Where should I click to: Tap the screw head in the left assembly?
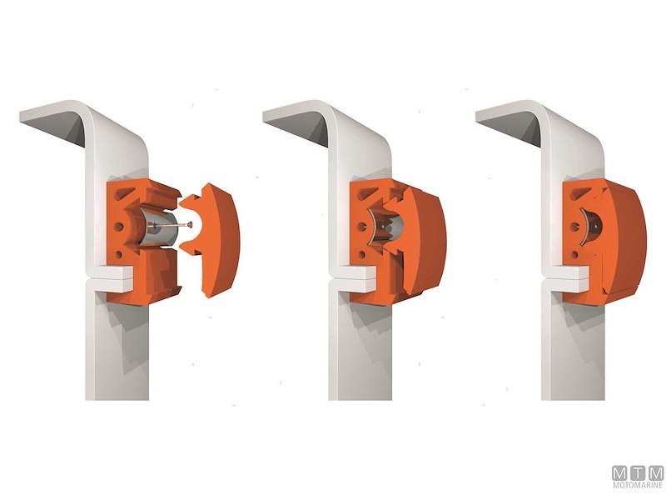190,224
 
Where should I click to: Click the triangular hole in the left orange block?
122,194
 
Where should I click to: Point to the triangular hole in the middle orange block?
365,194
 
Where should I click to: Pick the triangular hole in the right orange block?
578,194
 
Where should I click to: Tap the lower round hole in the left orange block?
118,254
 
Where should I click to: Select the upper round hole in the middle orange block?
362,227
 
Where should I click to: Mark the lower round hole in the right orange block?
574,254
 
